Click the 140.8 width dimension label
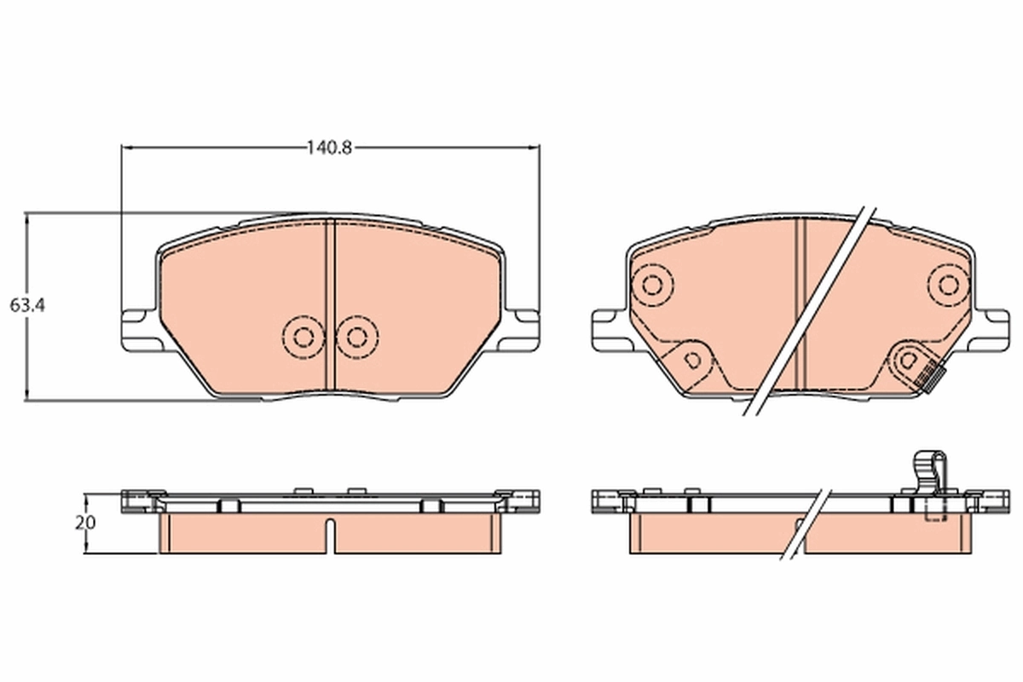(x=330, y=147)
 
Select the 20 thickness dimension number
(x=85, y=523)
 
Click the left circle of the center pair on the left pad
(x=302, y=336)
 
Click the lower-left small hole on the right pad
(x=693, y=359)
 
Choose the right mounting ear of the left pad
(x=523, y=327)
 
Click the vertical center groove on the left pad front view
(x=332, y=307)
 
